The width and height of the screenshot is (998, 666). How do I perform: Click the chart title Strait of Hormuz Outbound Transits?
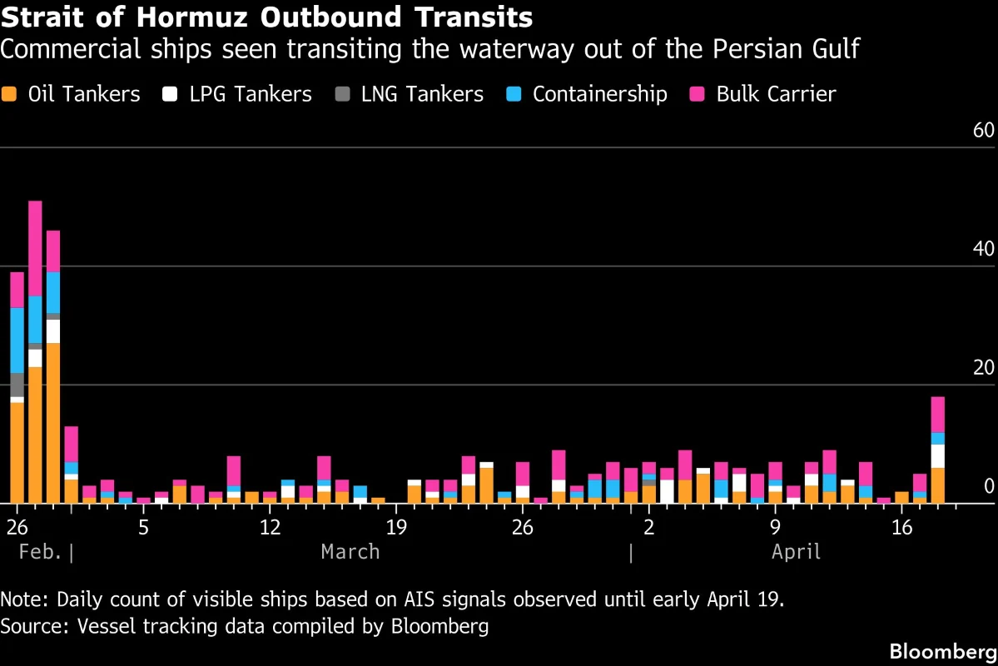266,17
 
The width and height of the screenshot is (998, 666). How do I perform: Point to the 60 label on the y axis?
983,131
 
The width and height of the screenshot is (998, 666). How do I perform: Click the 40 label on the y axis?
983,250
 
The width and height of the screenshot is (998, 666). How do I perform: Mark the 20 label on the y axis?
983,369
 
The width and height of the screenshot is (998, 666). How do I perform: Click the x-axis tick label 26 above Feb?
17,527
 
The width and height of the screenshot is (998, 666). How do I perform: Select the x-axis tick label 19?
395,527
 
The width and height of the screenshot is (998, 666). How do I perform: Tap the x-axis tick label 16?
901,527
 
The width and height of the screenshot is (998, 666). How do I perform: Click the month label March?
350,551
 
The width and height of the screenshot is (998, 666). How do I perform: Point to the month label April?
796,551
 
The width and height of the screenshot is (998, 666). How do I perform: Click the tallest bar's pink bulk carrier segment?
35,248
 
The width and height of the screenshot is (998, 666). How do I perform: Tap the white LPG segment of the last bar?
938,456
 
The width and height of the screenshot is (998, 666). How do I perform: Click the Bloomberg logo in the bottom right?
942,651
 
